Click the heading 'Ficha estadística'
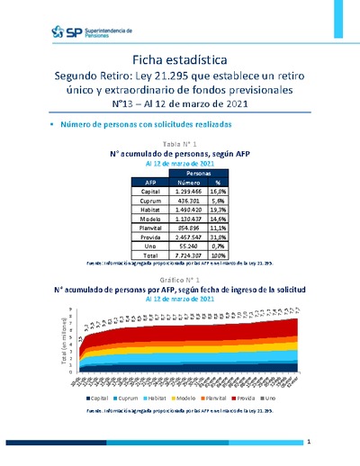click(179, 58)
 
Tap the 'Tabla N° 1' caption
click(180, 144)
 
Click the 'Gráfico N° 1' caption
click(180, 281)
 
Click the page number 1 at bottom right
click(308, 443)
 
